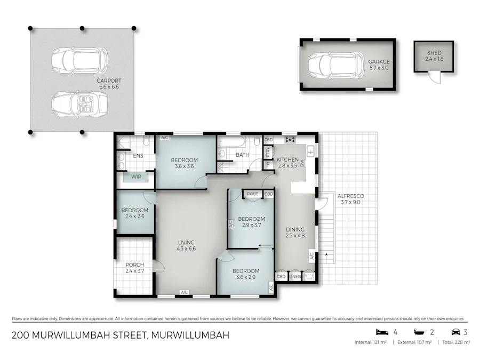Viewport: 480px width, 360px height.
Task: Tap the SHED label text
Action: click(x=434, y=53)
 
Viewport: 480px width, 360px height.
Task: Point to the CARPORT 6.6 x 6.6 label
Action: click(x=109, y=84)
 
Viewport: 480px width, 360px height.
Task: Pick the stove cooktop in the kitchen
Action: click(x=291, y=140)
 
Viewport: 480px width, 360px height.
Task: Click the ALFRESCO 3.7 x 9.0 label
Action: click(x=350, y=198)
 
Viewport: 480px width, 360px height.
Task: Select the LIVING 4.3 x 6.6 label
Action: click(x=186, y=246)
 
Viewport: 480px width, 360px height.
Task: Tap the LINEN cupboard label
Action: click(x=295, y=277)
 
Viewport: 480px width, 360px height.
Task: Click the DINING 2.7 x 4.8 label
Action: click(x=295, y=232)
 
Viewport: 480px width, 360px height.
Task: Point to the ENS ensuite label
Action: click(x=138, y=156)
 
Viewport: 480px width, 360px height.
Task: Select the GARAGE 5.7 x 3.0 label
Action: click(x=379, y=65)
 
